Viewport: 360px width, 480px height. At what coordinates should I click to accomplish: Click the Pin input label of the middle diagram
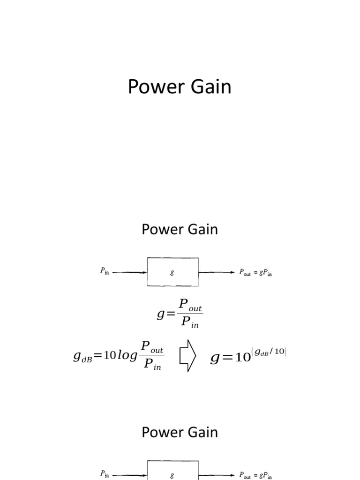tap(104, 271)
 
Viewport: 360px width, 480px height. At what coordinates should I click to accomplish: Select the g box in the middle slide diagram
tap(172, 272)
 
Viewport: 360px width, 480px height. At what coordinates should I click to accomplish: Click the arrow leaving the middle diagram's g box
tap(217, 272)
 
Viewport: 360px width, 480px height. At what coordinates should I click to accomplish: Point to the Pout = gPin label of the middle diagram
tap(255, 272)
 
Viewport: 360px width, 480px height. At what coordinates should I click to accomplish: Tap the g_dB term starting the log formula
tap(83, 357)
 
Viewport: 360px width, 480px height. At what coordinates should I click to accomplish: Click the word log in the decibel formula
tap(127, 357)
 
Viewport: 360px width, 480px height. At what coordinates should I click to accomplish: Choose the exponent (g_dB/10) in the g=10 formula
tap(269, 352)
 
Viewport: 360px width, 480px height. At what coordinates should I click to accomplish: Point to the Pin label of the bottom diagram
tap(104, 474)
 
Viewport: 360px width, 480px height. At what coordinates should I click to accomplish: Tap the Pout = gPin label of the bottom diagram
tap(255, 474)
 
